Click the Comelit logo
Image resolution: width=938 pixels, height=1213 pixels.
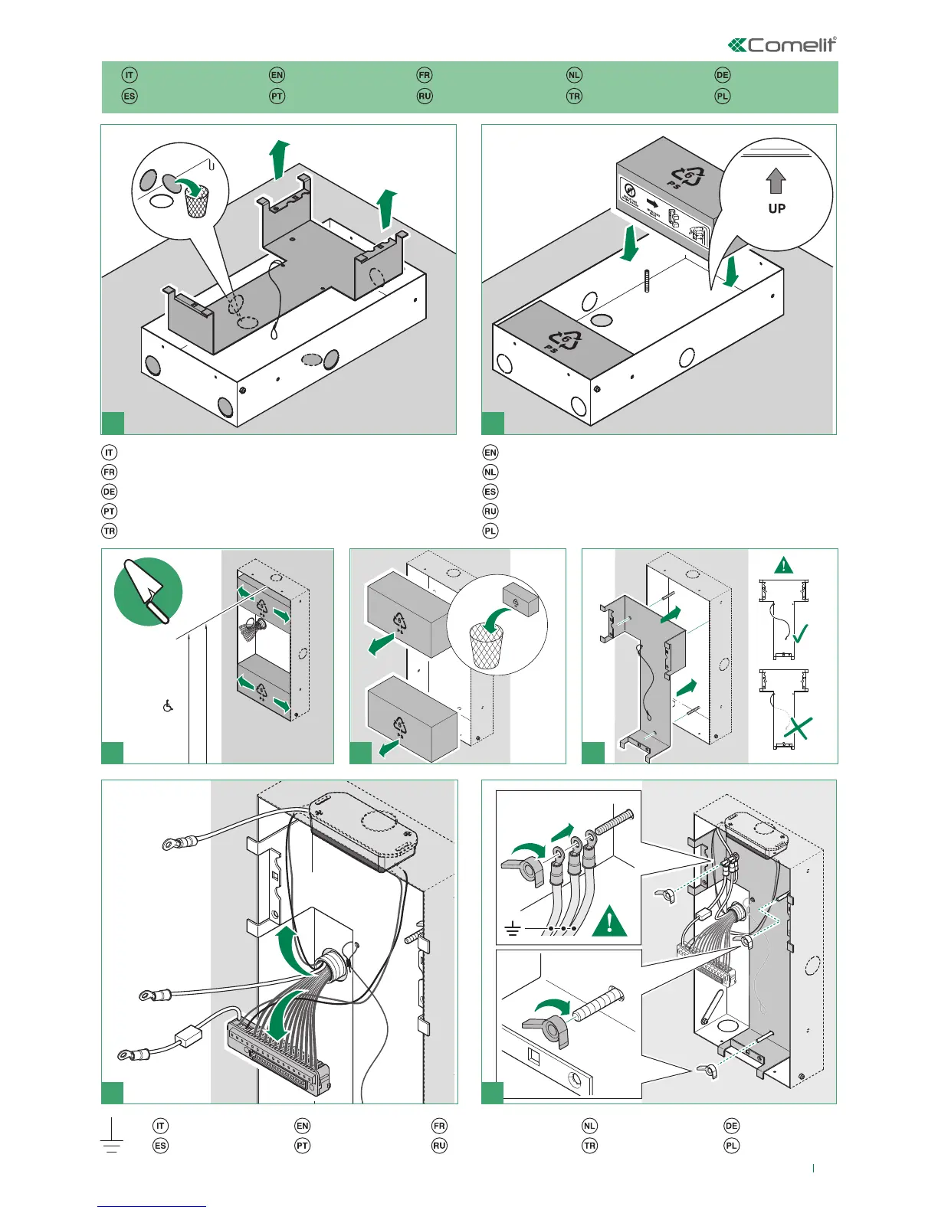782,45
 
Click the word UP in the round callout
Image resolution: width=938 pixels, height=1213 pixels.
776,208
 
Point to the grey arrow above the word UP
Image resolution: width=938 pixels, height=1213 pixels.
776,181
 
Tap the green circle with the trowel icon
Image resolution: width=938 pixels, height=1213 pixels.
148,591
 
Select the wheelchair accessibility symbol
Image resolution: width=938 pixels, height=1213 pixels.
168,705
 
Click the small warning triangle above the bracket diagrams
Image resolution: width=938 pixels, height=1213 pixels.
783,566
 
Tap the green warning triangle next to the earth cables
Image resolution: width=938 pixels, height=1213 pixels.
609,922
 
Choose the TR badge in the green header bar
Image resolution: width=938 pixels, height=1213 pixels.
574,96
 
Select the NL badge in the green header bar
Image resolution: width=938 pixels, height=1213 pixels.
574,75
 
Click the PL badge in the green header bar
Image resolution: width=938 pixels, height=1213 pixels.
722,96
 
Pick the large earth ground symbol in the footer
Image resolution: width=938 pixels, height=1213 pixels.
112,1136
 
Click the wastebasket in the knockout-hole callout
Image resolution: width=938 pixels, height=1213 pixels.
197,201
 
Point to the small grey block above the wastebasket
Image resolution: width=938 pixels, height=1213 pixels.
520,601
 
